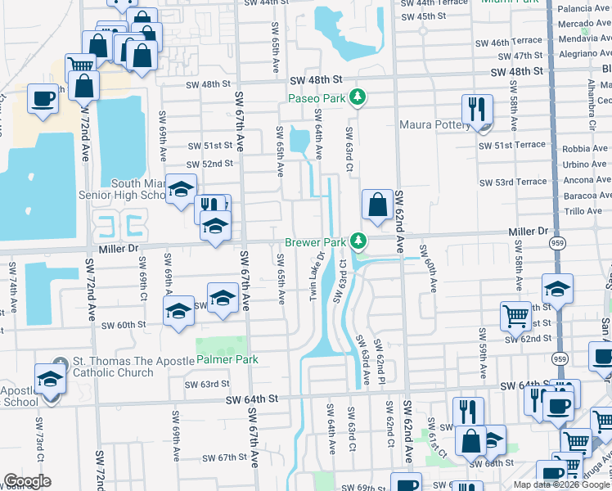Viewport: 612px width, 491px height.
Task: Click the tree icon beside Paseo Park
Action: point(358,98)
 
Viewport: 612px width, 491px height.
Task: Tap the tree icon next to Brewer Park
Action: point(358,241)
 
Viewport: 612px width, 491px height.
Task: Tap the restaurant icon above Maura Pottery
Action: point(476,110)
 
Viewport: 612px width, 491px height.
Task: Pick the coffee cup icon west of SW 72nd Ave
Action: point(43,99)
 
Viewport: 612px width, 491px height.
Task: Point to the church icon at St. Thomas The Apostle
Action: point(56,365)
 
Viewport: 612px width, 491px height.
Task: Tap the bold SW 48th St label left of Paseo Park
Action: point(316,79)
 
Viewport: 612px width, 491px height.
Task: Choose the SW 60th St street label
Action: point(124,325)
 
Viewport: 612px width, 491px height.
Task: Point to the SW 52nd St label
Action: point(210,164)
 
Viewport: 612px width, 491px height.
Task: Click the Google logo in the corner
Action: point(27,481)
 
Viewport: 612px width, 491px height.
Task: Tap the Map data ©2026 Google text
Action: point(561,484)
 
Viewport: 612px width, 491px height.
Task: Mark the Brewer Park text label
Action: point(315,243)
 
